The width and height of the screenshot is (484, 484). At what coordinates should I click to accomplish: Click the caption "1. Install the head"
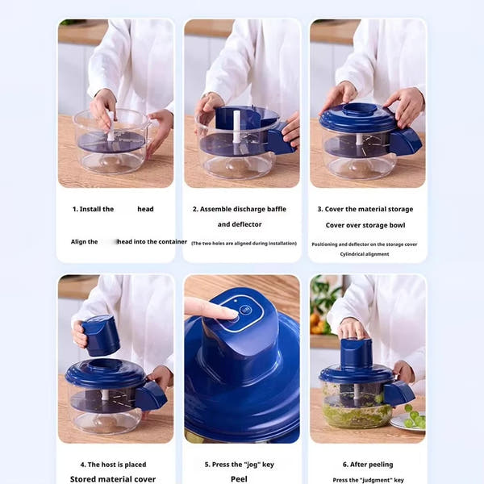pyautogui.click(x=113, y=209)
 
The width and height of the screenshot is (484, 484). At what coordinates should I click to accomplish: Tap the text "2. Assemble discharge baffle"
pyautogui.click(x=240, y=209)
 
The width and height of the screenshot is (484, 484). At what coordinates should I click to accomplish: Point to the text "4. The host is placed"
pyautogui.click(x=112, y=465)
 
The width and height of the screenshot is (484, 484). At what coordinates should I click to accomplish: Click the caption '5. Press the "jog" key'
pyautogui.click(x=239, y=465)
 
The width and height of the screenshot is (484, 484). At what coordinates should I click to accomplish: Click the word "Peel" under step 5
pyautogui.click(x=239, y=479)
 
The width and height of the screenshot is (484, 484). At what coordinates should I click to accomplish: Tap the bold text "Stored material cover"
pyautogui.click(x=112, y=479)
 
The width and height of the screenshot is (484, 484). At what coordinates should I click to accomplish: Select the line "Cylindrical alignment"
pyautogui.click(x=365, y=254)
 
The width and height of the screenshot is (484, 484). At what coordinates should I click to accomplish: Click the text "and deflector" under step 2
pyautogui.click(x=240, y=224)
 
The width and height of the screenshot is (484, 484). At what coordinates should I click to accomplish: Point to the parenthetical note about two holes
pyautogui.click(x=244, y=243)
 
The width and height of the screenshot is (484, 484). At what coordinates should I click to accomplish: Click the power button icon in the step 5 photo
pyautogui.click(x=246, y=310)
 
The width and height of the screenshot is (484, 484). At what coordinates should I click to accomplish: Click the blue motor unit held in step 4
pyautogui.click(x=101, y=334)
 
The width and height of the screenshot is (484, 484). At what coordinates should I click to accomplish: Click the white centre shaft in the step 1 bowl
pyautogui.click(x=111, y=129)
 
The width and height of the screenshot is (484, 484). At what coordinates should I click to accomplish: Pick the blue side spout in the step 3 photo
pyautogui.click(x=405, y=142)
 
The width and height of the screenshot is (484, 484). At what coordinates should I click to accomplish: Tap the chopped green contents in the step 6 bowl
pyautogui.click(x=355, y=414)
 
